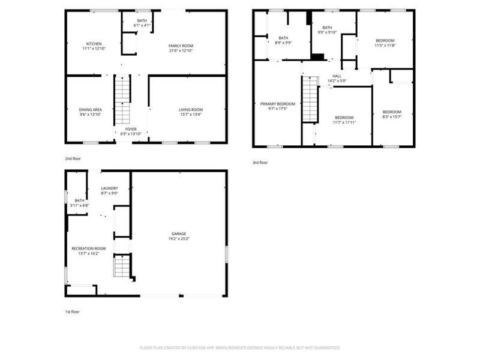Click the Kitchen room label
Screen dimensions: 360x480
coord(94,44)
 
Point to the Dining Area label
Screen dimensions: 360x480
coord(91,109)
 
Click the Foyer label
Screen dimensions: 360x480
coord(131,129)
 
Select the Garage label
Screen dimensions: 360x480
coord(179,233)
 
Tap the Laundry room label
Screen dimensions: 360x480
coord(109,188)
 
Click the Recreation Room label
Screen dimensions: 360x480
coord(89,248)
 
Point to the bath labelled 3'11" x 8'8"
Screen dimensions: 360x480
coord(79,200)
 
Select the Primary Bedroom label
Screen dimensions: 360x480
coord(277,104)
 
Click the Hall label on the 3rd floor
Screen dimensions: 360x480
coord(337,76)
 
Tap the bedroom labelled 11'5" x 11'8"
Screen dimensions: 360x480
coord(385,40)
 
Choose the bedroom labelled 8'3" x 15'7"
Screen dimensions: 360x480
coord(392,112)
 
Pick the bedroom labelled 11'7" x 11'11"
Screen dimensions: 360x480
coord(344,117)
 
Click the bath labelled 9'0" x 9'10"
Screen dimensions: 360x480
coord(327,28)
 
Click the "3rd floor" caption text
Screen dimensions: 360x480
coord(260,162)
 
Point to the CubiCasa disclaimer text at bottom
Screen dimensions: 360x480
coord(240,347)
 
